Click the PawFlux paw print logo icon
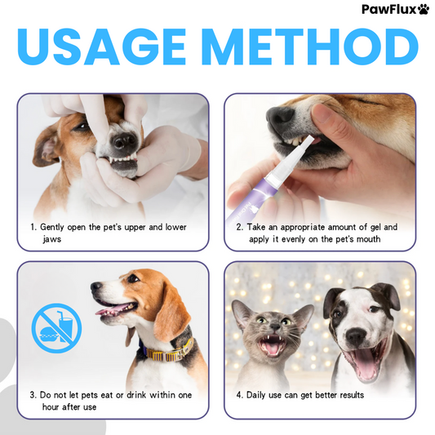pyautogui.click(x=423, y=10)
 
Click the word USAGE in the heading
pyautogui.click(x=101, y=47)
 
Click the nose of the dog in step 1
pyautogui.click(x=125, y=140)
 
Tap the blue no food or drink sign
pyautogui.click(x=56, y=328)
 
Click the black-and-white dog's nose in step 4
pyautogui.click(x=357, y=336)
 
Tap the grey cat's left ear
pyautogui.click(x=242, y=312)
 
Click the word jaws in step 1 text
pyautogui.click(x=52, y=239)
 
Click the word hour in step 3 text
pyautogui.click(x=51, y=407)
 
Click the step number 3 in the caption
pyautogui.click(x=32, y=395)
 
